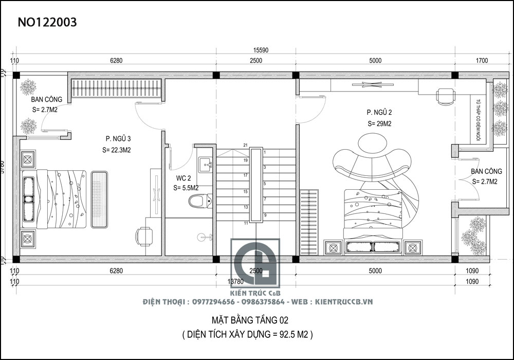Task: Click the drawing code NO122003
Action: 47,22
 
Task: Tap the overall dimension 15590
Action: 261,50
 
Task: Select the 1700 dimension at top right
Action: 482,61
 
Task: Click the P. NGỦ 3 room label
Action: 118,139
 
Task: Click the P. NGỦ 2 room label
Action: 379,112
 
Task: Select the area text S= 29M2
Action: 379,124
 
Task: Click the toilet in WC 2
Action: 198,200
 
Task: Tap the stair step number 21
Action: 246,145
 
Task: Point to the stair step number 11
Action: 246,223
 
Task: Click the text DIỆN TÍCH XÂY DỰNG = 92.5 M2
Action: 247,334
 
